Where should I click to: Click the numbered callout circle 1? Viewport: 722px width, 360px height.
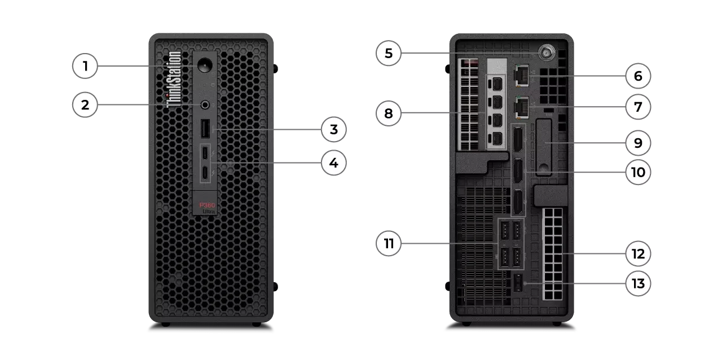[x=85, y=67]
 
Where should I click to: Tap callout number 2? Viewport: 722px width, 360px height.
[x=85, y=104]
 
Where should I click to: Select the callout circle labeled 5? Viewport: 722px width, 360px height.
[x=389, y=54]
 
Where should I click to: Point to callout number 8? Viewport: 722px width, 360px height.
[x=389, y=114]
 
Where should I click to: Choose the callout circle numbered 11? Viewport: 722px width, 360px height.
[x=389, y=244]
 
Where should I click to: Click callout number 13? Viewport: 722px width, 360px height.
[x=638, y=284]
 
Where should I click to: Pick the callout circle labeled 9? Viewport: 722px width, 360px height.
[x=638, y=143]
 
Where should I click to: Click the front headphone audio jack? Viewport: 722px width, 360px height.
[x=205, y=104]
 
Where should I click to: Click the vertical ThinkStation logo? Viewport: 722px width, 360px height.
[x=175, y=78]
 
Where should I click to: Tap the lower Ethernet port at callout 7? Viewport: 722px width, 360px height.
[x=521, y=105]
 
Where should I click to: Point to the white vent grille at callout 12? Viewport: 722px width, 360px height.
[x=553, y=253]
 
